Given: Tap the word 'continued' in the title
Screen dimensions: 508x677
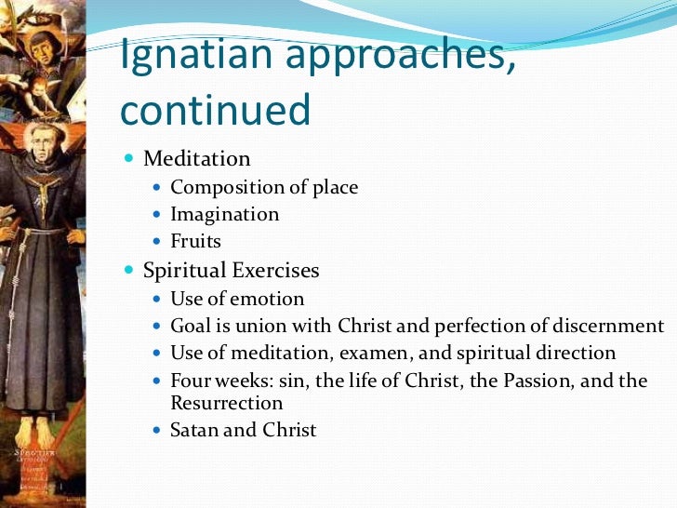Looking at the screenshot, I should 216,111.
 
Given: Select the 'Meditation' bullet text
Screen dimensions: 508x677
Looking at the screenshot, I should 196,159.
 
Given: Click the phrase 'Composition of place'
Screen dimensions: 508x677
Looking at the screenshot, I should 264,187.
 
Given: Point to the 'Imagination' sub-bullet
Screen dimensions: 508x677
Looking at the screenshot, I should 224,214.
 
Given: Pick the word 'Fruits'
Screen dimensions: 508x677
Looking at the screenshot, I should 196,241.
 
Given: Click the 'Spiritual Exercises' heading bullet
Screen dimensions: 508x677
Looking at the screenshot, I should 231,271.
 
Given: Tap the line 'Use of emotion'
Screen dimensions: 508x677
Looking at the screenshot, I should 237,299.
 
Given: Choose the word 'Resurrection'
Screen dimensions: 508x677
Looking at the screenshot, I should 227,403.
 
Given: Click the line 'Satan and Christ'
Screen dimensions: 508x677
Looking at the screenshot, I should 244,430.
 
